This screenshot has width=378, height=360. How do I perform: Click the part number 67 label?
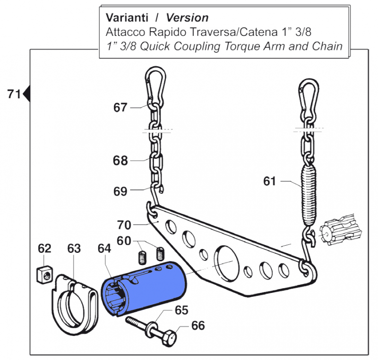120,108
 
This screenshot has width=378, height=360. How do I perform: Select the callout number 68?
120,161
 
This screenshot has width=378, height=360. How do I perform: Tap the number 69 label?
120,191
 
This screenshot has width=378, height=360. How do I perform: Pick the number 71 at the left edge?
14,94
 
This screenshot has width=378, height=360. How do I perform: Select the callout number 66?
198,326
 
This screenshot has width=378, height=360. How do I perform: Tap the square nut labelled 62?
43,274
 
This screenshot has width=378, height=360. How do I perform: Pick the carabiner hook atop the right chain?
308,97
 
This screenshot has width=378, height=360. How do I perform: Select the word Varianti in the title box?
126,18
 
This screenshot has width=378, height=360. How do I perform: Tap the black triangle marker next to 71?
26,94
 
